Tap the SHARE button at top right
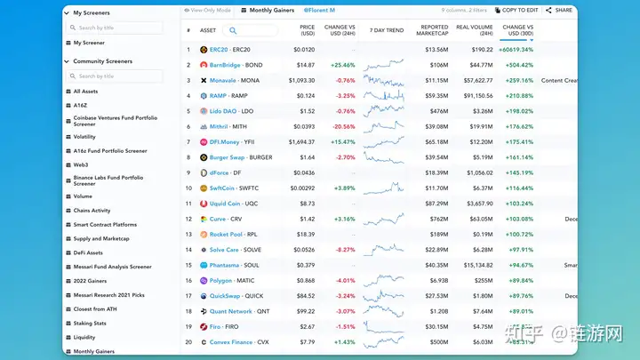(560, 10)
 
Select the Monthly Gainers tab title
(273, 10)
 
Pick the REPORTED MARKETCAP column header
(434, 29)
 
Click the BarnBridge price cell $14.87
(306, 65)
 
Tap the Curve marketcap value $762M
(439, 219)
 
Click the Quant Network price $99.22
(306, 311)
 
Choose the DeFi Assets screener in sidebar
(88, 252)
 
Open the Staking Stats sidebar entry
(90, 323)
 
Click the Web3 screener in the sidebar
(81, 164)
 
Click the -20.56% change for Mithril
(344, 126)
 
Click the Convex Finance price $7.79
(307, 341)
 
